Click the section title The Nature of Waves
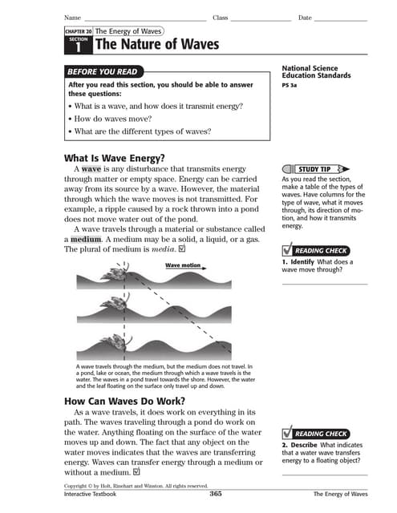[157, 45]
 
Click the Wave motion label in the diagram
[183, 265]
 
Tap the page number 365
[215, 494]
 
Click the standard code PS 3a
[290, 84]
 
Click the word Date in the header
[305, 18]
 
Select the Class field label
[221, 18]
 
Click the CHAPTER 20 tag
[78, 30]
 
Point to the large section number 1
[79, 48]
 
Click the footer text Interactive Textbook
[90, 495]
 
